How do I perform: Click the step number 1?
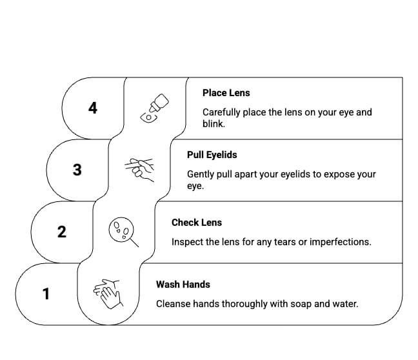[46, 294]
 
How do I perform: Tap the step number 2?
[62, 232]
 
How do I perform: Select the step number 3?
[77, 170]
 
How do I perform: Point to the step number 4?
[93, 108]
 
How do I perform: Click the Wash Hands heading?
[183, 285]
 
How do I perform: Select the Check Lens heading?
[196, 223]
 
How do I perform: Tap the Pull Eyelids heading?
[212, 155]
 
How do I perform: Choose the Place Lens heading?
[226, 93]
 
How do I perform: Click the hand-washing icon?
[108, 294]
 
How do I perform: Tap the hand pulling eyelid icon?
[139, 170]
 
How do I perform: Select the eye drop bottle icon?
[154, 108]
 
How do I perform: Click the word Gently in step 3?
[201, 174]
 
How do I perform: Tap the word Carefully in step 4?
[222, 112]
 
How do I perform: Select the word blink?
[214, 124]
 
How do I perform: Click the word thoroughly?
[247, 303]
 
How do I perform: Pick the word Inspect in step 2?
[187, 242]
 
